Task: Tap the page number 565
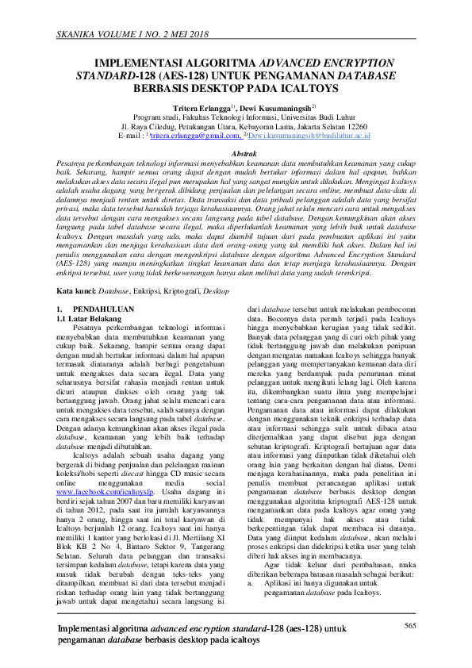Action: point(410,627)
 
